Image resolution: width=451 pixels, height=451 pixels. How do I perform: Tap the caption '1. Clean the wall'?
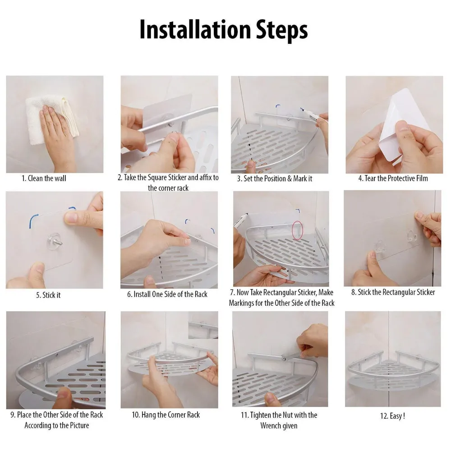click(44, 178)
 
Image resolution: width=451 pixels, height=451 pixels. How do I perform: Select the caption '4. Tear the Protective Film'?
click(393, 178)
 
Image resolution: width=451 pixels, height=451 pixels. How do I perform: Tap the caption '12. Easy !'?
click(392, 416)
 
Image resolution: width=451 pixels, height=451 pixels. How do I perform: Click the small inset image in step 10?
click(203, 325)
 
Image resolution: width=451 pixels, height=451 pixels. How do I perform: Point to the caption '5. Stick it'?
click(48, 295)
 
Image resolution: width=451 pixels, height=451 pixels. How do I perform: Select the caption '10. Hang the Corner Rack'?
click(166, 414)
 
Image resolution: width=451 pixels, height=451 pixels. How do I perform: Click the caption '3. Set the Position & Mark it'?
click(275, 178)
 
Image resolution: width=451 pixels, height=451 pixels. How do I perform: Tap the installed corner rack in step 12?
click(392, 374)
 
